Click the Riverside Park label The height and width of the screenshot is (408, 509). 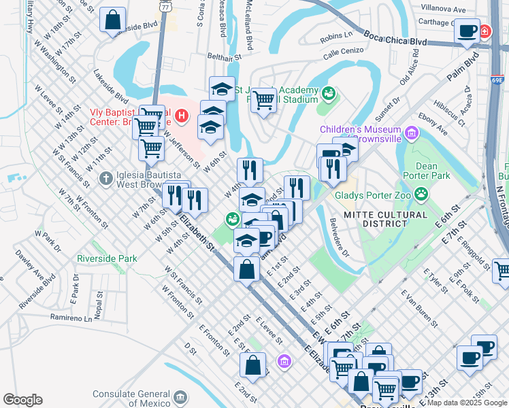pyautogui.click(x=107, y=258)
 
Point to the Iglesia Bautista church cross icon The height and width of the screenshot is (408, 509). pyautogui.click(x=105, y=179)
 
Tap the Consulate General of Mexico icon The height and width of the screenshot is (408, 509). pyautogui.click(x=180, y=396)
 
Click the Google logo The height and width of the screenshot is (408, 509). pyautogui.click(x=22, y=400)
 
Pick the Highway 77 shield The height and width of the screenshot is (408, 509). pyautogui.click(x=165, y=5)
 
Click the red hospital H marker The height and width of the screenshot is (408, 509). pyautogui.click(x=180, y=116)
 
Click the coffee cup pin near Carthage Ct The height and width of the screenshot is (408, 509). pyautogui.click(x=467, y=31)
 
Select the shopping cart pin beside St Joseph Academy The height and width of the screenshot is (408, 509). pyautogui.click(x=263, y=101)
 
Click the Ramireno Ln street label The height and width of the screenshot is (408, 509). pyautogui.click(x=69, y=318)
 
